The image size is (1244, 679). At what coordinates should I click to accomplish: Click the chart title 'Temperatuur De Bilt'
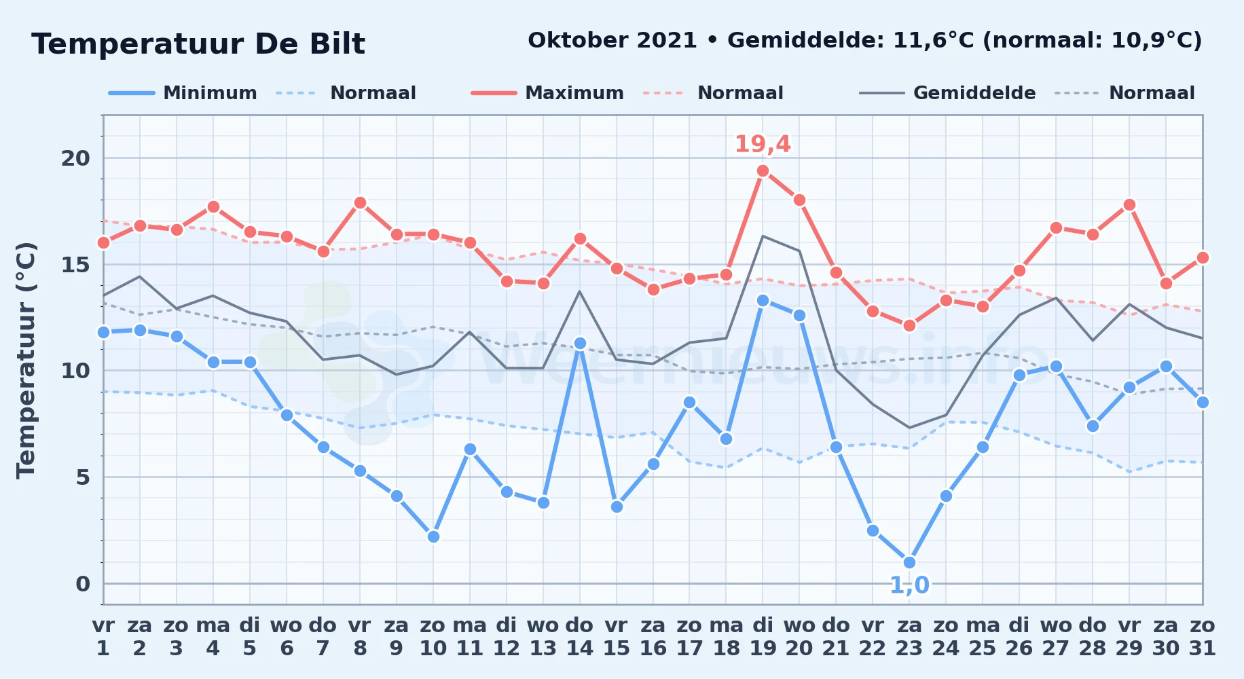198,44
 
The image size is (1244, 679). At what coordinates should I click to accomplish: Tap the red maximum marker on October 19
763,171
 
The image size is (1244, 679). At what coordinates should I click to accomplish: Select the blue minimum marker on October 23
909,562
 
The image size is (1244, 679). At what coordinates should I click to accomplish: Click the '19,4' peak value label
763,144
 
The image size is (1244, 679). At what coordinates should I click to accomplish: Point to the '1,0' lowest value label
909,585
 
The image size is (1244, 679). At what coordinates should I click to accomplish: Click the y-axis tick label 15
75,264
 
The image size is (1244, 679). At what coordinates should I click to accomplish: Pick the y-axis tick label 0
83,583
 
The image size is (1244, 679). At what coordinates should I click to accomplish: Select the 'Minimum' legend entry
183,93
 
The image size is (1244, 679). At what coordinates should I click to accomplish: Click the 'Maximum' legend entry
547,93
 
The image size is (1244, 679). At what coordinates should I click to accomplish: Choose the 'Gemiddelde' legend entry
947,93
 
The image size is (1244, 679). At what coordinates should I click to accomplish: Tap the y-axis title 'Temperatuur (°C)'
26,360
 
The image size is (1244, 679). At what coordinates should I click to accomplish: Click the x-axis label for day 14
579,637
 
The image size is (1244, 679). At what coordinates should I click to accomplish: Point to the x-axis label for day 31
1202,637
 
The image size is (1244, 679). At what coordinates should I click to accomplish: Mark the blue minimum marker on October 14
579,344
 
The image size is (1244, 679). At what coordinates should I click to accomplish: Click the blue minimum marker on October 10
433,536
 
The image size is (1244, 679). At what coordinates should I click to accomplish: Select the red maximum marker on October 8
360,202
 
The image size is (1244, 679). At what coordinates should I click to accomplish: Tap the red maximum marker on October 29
1129,204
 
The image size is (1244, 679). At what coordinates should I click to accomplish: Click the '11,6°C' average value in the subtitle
934,40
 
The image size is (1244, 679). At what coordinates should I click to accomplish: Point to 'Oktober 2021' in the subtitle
612,40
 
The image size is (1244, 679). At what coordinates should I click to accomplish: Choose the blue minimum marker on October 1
103,332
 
